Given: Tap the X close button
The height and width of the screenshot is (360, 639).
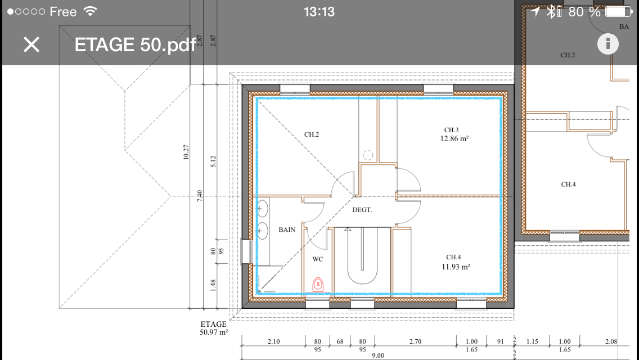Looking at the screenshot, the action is (31, 44).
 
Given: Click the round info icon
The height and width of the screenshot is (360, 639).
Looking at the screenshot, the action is (608, 44).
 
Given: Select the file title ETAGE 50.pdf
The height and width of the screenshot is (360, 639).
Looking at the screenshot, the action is (136, 45).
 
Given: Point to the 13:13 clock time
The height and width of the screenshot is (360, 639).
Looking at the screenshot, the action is (319, 12).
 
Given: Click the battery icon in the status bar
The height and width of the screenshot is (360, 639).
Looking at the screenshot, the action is (618, 12).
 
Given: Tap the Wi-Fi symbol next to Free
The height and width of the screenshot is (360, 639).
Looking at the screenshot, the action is (91, 11).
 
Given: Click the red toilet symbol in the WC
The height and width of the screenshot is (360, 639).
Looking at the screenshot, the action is (318, 285).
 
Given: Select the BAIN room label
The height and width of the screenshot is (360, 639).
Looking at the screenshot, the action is (287, 230).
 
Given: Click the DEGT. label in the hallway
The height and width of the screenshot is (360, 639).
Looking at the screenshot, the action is (362, 210).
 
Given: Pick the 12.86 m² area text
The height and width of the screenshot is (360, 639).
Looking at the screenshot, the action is (454, 138).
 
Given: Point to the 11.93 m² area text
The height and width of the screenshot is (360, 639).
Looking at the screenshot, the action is (456, 267).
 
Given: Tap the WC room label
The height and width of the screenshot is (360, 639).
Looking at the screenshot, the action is (317, 259).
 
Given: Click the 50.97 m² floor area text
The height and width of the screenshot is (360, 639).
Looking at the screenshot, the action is (214, 332).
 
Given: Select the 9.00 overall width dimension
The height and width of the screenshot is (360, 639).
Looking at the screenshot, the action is (378, 355).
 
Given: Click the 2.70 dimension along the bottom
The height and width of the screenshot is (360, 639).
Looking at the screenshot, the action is (415, 341).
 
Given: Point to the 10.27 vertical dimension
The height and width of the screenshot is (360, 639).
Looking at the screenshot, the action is (186, 152).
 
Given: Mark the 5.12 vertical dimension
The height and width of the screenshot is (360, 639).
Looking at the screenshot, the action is (213, 161).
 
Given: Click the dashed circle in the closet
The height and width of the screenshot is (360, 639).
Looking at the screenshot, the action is (367, 155).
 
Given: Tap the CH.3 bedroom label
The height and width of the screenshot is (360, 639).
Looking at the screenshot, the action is (451, 130).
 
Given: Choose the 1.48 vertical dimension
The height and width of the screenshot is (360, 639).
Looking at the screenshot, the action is (213, 285).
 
